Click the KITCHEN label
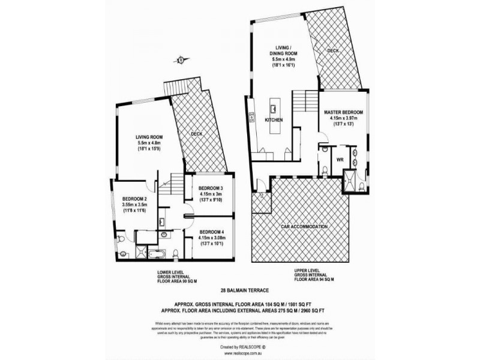pyautogui.click(x=274, y=120)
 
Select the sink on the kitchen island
pyautogui.click(x=273, y=109)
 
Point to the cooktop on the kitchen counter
pyautogui.click(x=253, y=116)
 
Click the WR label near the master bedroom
pyautogui.click(x=340, y=160)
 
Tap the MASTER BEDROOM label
pyautogui.click(x=345, y=112)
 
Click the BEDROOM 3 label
pyautogui.click(x=211, y=188)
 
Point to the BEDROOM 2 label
pyautogui.click(x=135, y=199)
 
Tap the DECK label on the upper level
pyautogui.click(x=333, y=51)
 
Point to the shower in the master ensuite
pyautogui.click(x=350, y=178)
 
